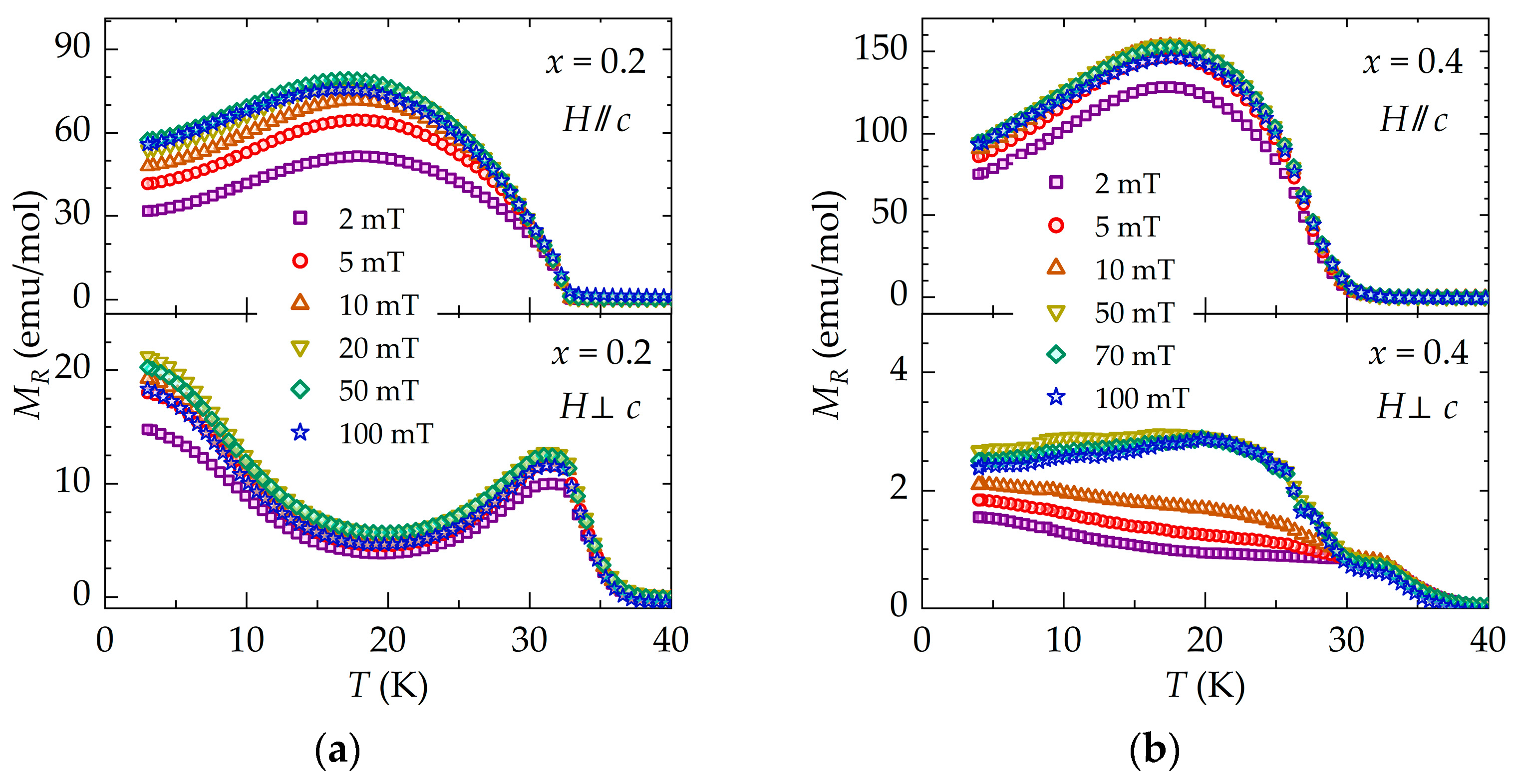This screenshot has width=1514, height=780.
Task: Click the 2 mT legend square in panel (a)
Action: click(x=301, y=219)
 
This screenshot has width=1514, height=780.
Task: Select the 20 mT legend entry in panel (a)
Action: click(x=355, y=348)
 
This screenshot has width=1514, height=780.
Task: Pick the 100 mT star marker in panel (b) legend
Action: click(x=1056, y=398)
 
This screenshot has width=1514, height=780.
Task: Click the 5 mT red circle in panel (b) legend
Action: click(x=1056, y=226)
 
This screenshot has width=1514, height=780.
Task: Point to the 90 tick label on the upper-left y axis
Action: click(x=73, y=46)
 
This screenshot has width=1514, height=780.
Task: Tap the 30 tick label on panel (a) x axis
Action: click(x=529, y=641)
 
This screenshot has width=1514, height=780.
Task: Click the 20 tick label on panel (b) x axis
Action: click(x=1205, y=641)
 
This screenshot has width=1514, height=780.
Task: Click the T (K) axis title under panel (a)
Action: click(x=388, y=685)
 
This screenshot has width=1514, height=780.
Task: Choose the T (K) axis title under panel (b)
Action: click(x=1205, y=685)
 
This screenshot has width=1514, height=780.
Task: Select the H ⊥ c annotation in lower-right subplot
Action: click(x=1417, y=407)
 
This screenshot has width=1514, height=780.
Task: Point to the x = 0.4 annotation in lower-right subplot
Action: click(x=1418, y=353)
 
